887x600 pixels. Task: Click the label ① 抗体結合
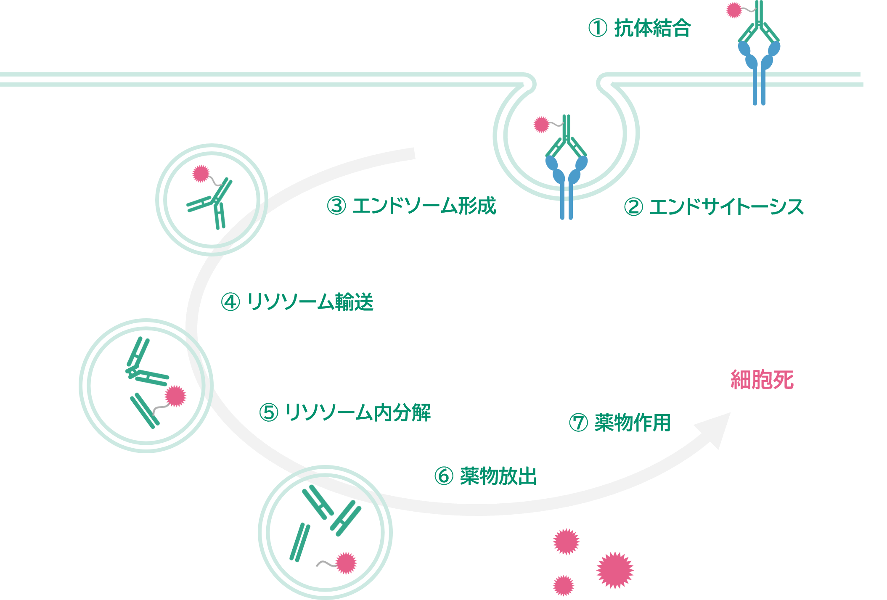coord(639,28)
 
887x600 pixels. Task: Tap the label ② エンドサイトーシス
coord(714,207)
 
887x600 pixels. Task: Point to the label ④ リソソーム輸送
coord(297,302)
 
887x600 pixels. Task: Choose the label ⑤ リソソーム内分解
coord(345,412)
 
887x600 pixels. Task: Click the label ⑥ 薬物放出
coord(485,476)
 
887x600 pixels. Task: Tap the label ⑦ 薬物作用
coord(620,423)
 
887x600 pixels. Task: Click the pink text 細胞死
coord(762,380)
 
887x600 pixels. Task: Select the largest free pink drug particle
coord(614,570)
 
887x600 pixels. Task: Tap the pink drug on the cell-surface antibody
coord(734,11)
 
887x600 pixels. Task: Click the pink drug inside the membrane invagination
coord(541,124)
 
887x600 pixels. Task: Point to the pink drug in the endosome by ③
coord(201,173)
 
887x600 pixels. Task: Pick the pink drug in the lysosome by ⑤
coord(175,396)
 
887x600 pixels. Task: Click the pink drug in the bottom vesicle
coord(346,563)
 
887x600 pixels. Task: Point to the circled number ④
coord(230,302)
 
